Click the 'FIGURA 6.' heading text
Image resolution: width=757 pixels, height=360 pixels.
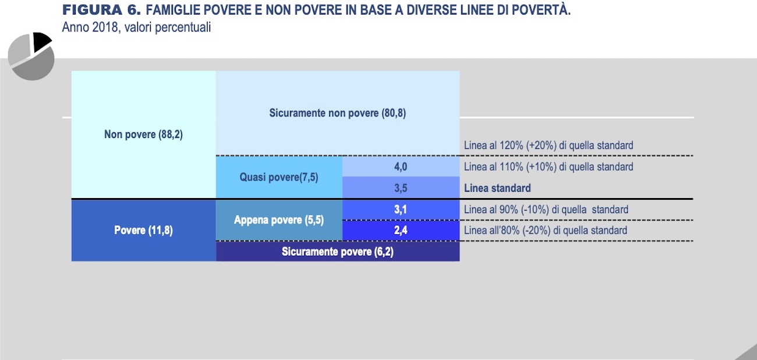pyautogui.click(x=101, y=10)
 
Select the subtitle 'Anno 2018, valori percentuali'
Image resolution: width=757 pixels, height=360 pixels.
pyautogui.click(x=136, y=27)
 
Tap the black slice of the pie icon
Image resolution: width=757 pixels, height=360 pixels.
pyautogui.click(x=42, y=41)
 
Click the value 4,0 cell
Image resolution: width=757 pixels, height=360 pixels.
pyautogui.click(x=401, y=167)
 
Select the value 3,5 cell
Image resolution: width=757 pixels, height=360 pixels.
pyautogui.click(x=401, y=188)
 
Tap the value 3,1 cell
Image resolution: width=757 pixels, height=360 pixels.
pyautogui.click(x=401, y=210)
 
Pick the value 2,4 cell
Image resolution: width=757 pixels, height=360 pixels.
pyautogui.click(x=401, y=231)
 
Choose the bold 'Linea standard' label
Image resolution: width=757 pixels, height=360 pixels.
pyautogui.click(x=497, y=188)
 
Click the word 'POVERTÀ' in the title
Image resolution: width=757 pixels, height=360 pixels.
pyautogui.click(x=541, y=10)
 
